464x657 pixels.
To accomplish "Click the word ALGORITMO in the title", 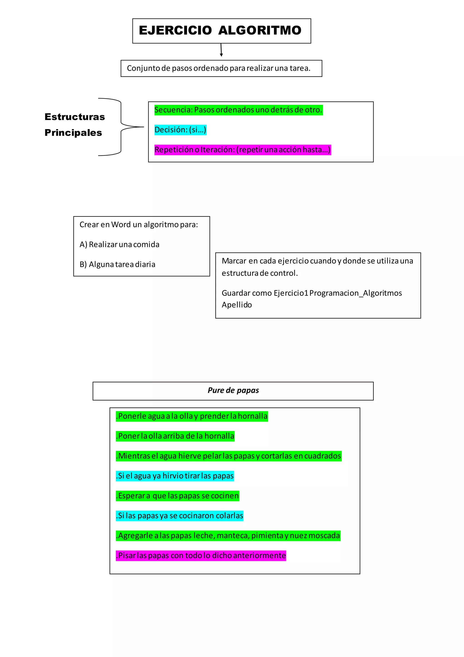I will (259, 30).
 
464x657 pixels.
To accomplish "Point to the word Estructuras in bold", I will (75, 117).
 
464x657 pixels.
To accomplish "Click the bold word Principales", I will (73, 133).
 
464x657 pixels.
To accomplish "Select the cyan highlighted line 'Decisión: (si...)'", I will (180, 130).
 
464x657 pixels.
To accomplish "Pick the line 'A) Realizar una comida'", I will (119, 245).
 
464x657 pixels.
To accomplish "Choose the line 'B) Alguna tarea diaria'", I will (117, 264).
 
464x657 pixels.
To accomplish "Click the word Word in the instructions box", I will (121, 225).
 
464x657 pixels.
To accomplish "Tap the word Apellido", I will (237, 305).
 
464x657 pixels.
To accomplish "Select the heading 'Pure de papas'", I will (233, 391).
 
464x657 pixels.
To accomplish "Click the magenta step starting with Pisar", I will (201, 556).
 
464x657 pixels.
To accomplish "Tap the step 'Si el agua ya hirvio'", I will (175, 476).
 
